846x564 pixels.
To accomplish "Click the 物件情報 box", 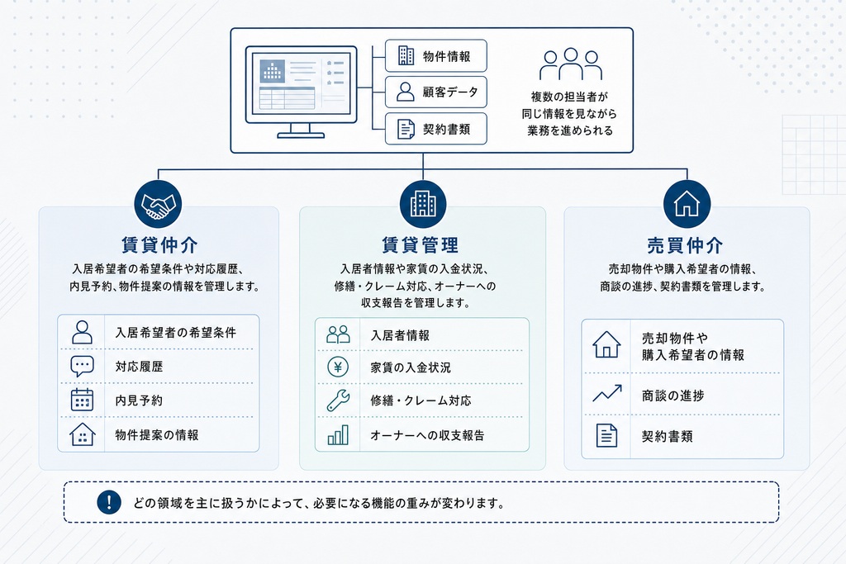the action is [436, 55].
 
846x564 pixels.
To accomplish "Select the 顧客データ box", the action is [436, 92].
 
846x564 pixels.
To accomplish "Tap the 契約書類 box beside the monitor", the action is [436, 129].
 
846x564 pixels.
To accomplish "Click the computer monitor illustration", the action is [301, 92].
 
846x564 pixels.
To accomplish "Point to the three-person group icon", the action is [571, 64].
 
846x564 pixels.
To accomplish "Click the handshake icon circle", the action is [158, 204].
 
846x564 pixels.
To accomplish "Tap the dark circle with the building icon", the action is [423, 204].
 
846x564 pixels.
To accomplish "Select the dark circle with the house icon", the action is [687, 204].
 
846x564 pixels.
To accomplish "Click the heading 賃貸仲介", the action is [159, 245].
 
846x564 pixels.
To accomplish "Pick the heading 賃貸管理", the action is [421, 245].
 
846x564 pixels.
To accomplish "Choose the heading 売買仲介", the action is [685, 245].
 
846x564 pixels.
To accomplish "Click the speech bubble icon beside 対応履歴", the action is [82, 367].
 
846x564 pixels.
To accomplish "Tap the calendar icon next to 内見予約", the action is [82, 400].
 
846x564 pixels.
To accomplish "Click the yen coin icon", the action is [338, 367].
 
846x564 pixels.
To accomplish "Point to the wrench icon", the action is [338, 400].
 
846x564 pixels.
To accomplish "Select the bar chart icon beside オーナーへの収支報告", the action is [338, 435].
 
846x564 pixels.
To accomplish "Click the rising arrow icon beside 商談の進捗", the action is [607, 394].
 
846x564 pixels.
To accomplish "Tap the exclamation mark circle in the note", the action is [109, 503].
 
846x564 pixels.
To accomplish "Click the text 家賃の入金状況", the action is [411, 367].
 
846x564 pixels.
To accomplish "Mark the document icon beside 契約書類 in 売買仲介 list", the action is [606, 436].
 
